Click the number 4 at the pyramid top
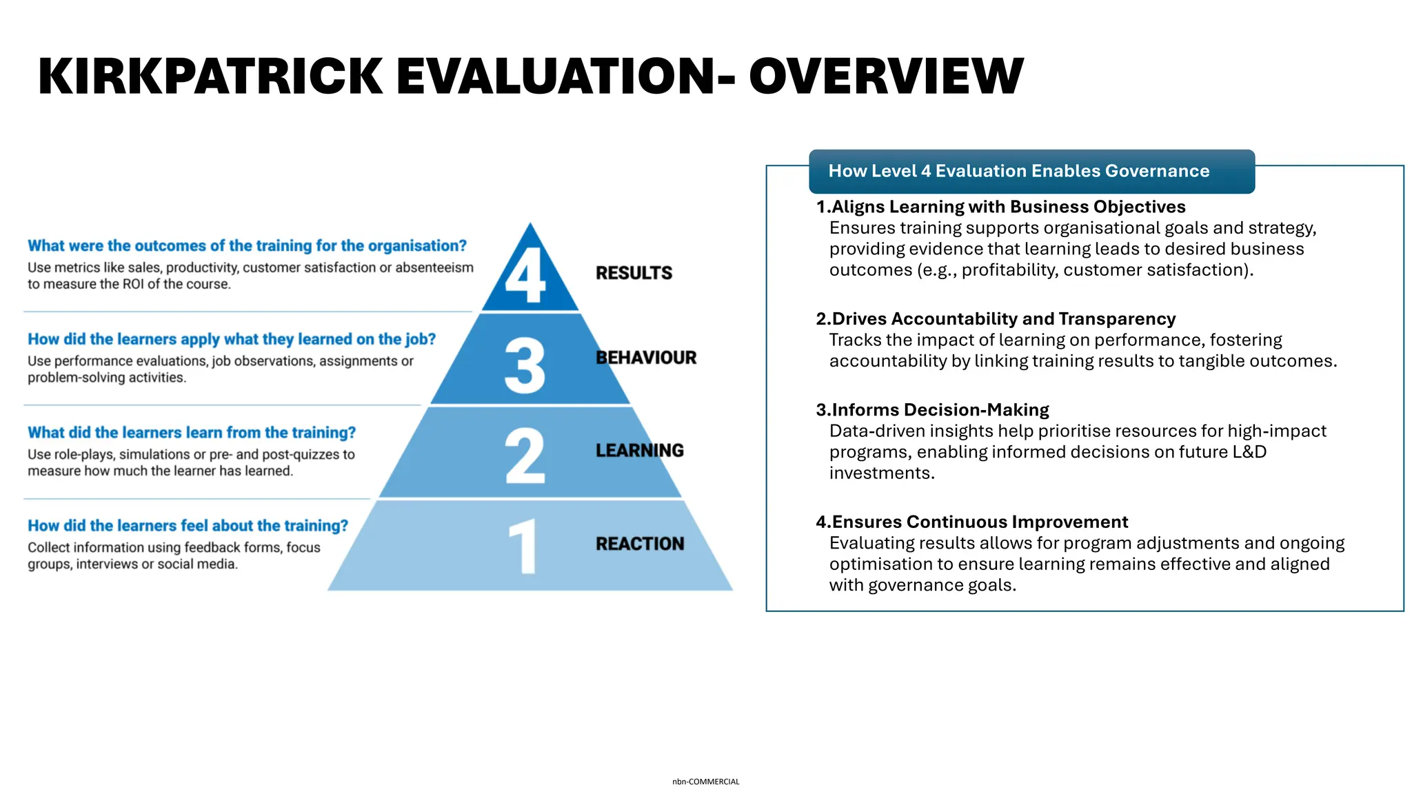[x=525, y=275]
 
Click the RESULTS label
[x=634, y=273]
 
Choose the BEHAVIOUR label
[x=646, y=358]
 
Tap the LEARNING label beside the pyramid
[x=640, y=451]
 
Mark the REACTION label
[x=640, y=544]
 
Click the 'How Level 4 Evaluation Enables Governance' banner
[x=1018, y=171]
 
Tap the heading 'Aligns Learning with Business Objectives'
[x=1008, y=207]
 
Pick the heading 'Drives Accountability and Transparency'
[x=1003, y=318]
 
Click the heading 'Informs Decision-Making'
[x=940, y=409]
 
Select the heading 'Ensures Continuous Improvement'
[x=979, y=522]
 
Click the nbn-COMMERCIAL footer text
[x=705, y=782]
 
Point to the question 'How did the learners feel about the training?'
[x=188, y=526]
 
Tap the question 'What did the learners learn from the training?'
[x=192, y=433]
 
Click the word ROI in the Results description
[x=134, y=284]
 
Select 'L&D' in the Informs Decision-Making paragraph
[x=1249, y=452]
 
